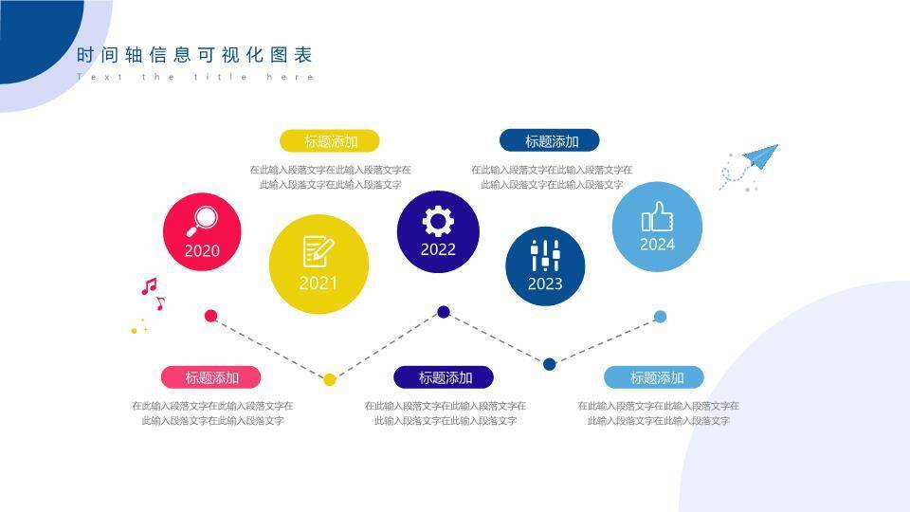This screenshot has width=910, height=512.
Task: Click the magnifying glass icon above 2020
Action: pyautogui.click(x=201, y=220)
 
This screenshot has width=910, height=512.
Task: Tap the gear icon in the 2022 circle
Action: pyautogui.click(x=438, y=221)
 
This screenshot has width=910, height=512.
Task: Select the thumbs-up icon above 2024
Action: pyautogui.click(x=657, y=217)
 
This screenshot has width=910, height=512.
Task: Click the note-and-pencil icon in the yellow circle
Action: pyautogui.click(x=318, y=251)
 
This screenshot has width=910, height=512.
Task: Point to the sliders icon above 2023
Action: pyautogui.click(x=545, y=255)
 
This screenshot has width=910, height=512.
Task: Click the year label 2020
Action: pyautogui.click(x=202, y=251)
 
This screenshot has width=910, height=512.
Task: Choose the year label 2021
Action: pyautogui.click(x=318, y=283)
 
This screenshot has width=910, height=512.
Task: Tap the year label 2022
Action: pyautogui.click(x=438, y=250)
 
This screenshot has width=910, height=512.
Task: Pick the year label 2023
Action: pyautogui.click(x=545, y=283)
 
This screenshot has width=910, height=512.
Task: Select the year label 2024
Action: pyautogui.click(x=657, y=245)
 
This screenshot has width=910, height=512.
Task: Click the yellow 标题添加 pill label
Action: pyautogui.click(x=330, y=141)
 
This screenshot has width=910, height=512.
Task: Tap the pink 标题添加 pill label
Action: pyautogui.click(x=211, y=377)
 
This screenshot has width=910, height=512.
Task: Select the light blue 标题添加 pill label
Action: pyautogui.click(x=656, y=377)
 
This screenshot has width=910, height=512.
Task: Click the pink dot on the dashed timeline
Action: pyautogui.click(x=211, y=316)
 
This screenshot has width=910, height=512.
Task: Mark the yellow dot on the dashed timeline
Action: pyautogui.click(x=330, y=379)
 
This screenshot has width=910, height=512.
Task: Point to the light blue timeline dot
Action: pyautogui.click(x=660, y=317)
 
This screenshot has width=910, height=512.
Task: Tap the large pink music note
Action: pyautogui.click(x=148, y=285)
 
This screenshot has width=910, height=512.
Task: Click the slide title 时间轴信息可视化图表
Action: pyautogui.click(x=194, y=55)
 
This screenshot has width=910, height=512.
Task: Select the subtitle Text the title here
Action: pyautogui.click(x=194, y=77)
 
